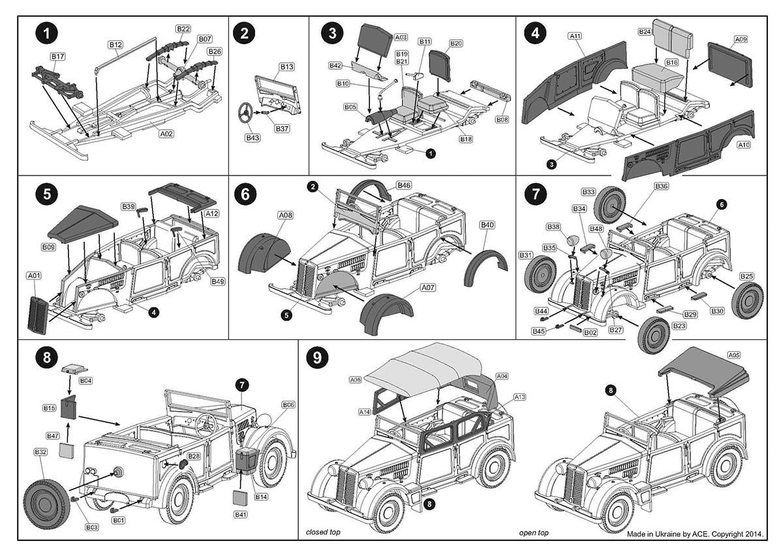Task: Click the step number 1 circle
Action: tap(48, 33)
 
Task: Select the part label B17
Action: tap(57, 57)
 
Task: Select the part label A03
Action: tap(401, 37)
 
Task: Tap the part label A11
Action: tap(575, 35)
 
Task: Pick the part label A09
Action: tap(741, 40)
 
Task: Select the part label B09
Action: tap(49, 247)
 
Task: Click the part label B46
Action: tap(404, 185)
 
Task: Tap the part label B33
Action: tap(588, 192)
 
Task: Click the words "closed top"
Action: tap(323, 532)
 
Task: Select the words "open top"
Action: tap(534, 532)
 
